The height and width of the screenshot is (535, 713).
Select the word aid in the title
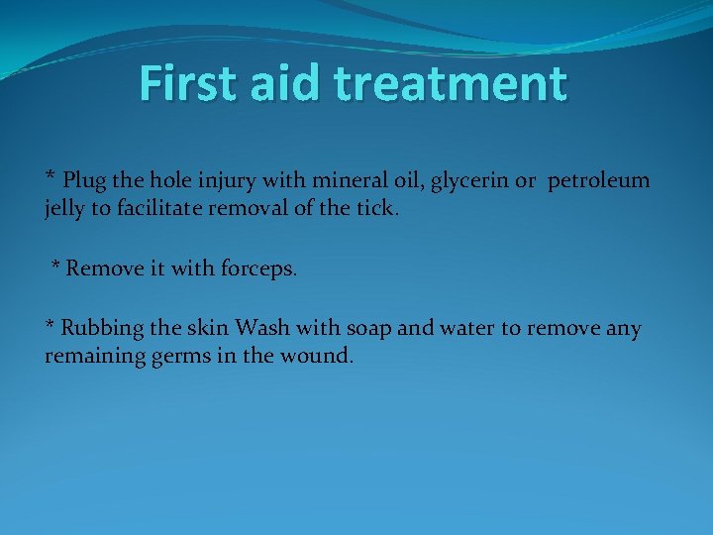pyautogui.click(x=287, y=83)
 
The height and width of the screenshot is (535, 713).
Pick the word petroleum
pyautogui.click(x=599, y=181)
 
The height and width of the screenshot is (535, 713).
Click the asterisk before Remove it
pyautogui.click(x=55, y=266)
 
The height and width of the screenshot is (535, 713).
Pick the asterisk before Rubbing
pyautogui.click(x=51, y=325)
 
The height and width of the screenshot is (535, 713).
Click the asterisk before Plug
pyautogui.click(x=51, y=178)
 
